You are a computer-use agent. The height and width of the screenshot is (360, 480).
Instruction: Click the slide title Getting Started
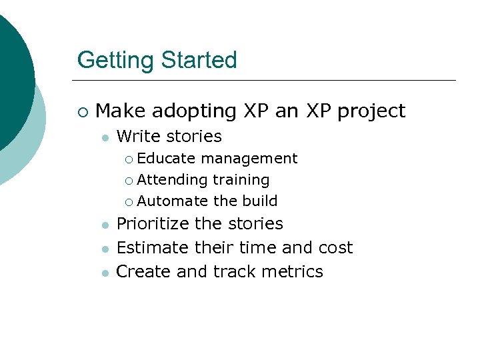[157, 60]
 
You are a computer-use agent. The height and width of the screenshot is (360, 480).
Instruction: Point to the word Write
[139, 137]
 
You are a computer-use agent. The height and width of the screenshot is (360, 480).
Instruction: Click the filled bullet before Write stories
[105, 137]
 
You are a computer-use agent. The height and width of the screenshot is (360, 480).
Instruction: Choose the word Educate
[166, 159]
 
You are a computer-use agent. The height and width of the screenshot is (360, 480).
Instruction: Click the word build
[260, 201]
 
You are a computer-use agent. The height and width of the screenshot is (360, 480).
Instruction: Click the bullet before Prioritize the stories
[105, 225]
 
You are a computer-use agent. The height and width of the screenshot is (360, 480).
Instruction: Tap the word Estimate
[153, 248]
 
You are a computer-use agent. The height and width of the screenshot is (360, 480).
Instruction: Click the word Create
[141, 272]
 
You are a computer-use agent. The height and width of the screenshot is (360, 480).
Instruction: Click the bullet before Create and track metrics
[105, 273]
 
